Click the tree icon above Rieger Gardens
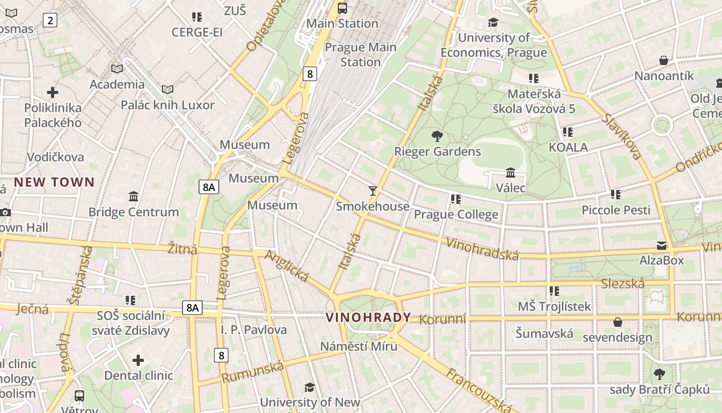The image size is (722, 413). pyautogui.click(x=437, y=136)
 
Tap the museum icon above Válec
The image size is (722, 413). pyautogui.click(x=511, y=172)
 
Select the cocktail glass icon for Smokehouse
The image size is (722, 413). pyautogui.click(x=373, y=191)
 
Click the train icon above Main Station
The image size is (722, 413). pyautogui.click(x=342, y=8)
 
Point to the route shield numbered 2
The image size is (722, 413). pyautogui.click(x=50, y=20)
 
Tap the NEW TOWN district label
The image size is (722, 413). pyautogui.click(x=54, y=182)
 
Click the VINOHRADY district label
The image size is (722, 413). pyautogui.click(x=368, y=317)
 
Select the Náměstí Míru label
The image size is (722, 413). pyautogui.click(x=359, y=346)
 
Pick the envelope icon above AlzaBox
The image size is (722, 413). pyautogui.click(x=662, y=245)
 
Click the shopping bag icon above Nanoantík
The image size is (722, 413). pyautogui.click(x=664, y=60)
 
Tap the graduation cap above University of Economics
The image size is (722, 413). pyautogui.click(x=494, y=22)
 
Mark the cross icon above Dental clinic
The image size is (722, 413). pyautogui.click(x=138, y=360)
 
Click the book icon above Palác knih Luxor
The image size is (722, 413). pyautogui.click(x=168, y=90)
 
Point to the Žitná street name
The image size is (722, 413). pyautogui.click(x=183, y=249)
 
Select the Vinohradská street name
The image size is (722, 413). pyautogui.click(x=482, y=249)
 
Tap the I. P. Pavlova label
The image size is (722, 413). pyautogui.click(x=254, y=329)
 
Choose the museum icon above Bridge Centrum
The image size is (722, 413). pyautogui.click(x=134, y=197)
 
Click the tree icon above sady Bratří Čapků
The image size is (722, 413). pyautogui.click(x=660, y=374)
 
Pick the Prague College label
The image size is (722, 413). pyautogui.click(x=456, y=214)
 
